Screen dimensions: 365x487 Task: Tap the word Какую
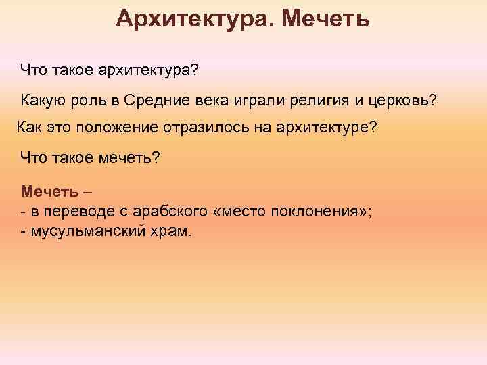coord(43,101)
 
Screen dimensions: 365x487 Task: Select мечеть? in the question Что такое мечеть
coord(125,158)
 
